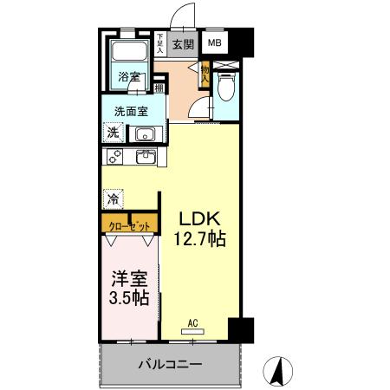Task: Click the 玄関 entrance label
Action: tap(181, 43)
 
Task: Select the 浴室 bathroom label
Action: tap(129, 77)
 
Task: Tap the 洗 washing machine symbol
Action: tap(113, 133)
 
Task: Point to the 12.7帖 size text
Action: tap(202, 238)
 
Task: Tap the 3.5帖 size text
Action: tap(128, 299)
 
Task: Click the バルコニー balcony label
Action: tap(170, 365)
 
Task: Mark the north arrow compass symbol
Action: tap(279, 371)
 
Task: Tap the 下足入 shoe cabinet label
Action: tap(160, 43)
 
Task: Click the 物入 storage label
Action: tap(205, 73)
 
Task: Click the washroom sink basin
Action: tap(144, 134)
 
